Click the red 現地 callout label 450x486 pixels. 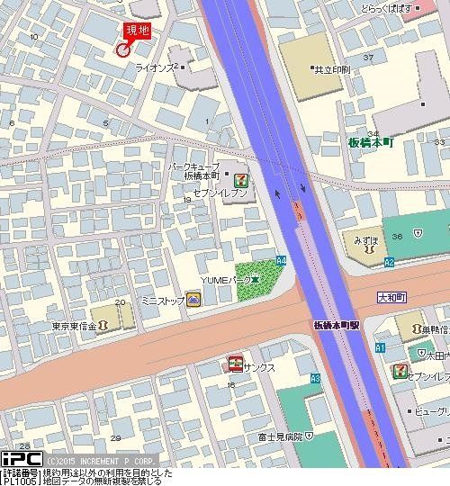(x=138, y=31)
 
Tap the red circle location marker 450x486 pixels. (x=122, y=49)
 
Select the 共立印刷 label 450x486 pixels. (x=328, y=68)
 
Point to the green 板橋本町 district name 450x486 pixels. (x=372, y=142)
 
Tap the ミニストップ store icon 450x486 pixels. (x=193, y=301)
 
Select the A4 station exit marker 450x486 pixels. (x=281, y=260)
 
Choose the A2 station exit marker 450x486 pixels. (x=389, y=262)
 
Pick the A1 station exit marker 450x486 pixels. (x=380, y=347)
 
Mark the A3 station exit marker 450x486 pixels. (x=315, y=379)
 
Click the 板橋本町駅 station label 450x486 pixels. (x=337, y=324)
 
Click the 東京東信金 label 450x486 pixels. (x=74, y=325)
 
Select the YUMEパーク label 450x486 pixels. (x=226, y=282)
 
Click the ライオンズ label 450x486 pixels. (x=155, y=67)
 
